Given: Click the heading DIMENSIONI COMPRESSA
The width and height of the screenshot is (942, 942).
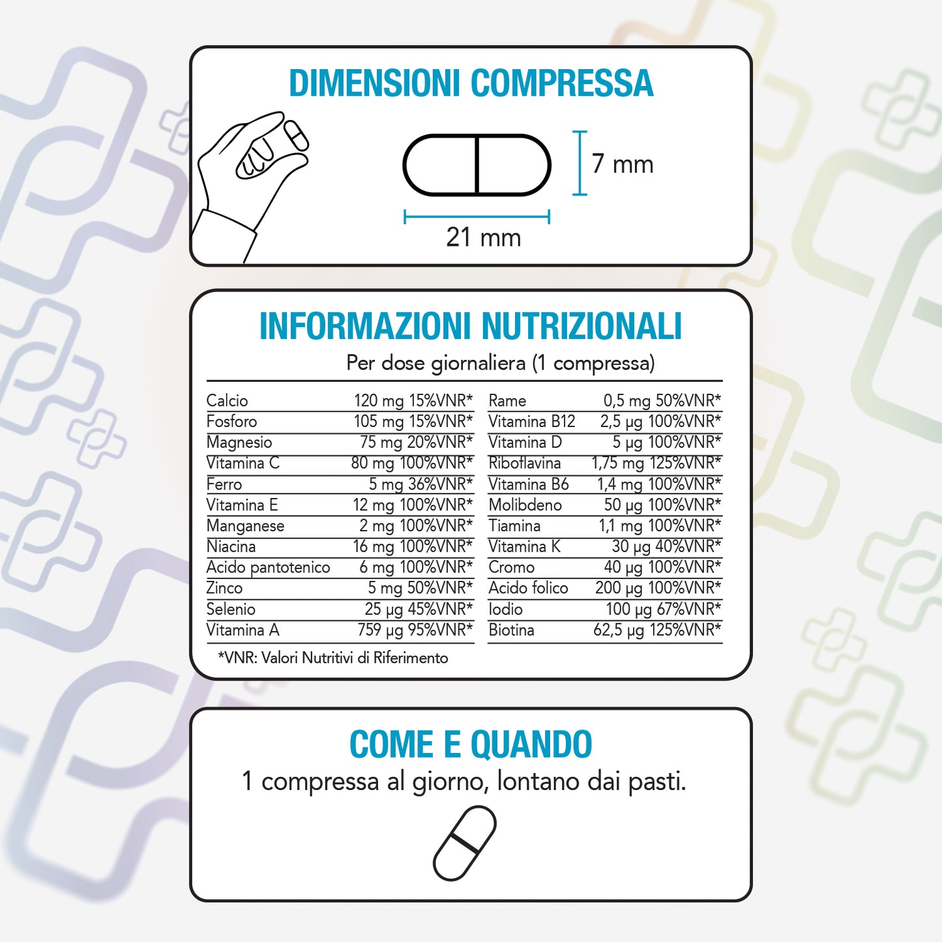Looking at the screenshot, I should tap(471, 83).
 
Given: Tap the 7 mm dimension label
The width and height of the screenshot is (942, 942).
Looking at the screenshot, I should tap(622, 164).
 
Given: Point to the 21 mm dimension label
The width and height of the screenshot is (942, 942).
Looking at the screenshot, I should tap(483, 237).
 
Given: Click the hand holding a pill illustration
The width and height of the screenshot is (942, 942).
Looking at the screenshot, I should tap(251, 183).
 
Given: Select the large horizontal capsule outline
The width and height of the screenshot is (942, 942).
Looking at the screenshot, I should tap(477, 165).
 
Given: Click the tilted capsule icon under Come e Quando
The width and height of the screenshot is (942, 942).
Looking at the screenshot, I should tap(465, 843).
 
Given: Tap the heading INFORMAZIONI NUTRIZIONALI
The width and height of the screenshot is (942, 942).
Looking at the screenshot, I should tap(470, 327).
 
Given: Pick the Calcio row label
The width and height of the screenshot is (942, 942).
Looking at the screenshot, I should tap(227, 400).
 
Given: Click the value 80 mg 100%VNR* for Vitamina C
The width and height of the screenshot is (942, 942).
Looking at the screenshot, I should tap(411, 463).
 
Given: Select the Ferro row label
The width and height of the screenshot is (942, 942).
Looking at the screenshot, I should tap(224, 484).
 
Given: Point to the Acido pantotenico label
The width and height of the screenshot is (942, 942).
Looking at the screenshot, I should tap(268, 567).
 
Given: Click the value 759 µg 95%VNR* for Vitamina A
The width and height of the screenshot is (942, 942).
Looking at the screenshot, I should tap(415, 630).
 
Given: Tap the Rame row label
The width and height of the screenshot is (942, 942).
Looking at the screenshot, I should tap(507, 400).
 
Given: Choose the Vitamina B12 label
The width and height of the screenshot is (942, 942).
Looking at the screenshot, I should tap(531, 421).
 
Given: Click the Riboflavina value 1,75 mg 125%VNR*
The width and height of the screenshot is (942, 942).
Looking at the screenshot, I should tap(656, 463).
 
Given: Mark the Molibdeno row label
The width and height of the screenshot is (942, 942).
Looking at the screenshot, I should tap(525, 505).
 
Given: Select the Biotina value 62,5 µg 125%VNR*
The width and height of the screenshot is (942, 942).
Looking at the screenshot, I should tap(656, 630).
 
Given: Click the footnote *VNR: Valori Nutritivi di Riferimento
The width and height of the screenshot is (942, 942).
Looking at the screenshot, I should tap(333, 658).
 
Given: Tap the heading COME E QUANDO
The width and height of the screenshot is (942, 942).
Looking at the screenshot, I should tap(470, 744).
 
